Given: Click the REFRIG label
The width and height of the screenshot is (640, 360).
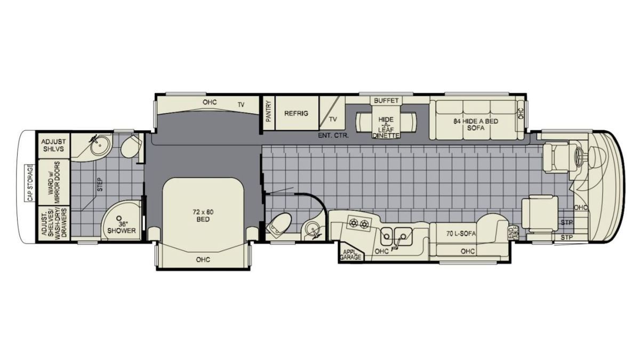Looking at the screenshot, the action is pyautogui.click(x=297, y=114).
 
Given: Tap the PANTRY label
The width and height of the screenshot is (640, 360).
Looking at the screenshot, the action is pyautogui.click(x=268, y=111).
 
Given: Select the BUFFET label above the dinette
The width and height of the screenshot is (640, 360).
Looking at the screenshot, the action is pyautogui.click(x=386, y=101).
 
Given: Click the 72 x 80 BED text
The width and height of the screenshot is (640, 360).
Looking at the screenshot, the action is pyautogui.click(x=203, y=215).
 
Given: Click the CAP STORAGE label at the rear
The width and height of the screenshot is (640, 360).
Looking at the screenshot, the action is pyautogui.click(x=30, y=183).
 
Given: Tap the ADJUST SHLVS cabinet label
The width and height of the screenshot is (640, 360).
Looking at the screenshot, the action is pyautogui.click(x=53, y=145).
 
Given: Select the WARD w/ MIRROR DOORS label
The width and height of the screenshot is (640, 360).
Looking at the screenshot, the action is pyautogui.click(x=54, y=182).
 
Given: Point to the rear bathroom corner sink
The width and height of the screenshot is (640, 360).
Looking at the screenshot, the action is pyautogui.click(x=100, y=145).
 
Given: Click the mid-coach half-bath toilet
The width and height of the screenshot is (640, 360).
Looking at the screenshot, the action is pyautogui.click(x=279, y=225).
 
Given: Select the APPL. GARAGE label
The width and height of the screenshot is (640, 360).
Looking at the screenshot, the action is pyautogui.click(x=350, y=254).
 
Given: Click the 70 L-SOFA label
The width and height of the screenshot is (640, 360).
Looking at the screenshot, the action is pyautogui.click(x=461, y=234).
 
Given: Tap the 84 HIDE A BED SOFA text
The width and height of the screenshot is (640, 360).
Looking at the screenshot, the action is pyautogui.click(x=476, y=125).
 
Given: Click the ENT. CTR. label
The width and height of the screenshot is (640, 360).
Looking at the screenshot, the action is pyautogui.click(x=333, y=135).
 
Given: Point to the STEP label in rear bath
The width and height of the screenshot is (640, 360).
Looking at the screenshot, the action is pyautogui.click(x=100, y=185).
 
